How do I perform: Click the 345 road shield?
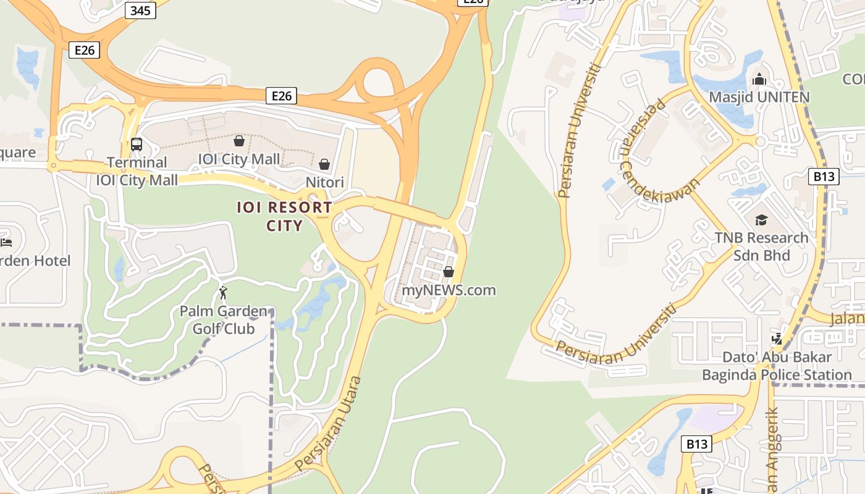(140, 10)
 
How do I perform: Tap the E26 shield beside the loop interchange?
(281, 96)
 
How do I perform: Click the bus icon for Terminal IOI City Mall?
(137, 144)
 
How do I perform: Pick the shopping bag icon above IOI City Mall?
(239, 141)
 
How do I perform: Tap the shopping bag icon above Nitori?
(324, 164)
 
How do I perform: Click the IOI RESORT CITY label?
(284, 216)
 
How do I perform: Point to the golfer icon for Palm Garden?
(223, 293)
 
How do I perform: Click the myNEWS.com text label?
(449, 290)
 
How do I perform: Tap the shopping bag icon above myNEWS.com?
(449, 272)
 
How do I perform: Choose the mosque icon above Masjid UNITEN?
(759, 79)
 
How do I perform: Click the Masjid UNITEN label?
(759, 98)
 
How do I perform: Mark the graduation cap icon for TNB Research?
(761, 220)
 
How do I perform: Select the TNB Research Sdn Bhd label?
(761, 246)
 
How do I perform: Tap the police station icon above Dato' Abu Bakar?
(777, 338)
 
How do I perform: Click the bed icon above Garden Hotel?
(6, 243)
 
